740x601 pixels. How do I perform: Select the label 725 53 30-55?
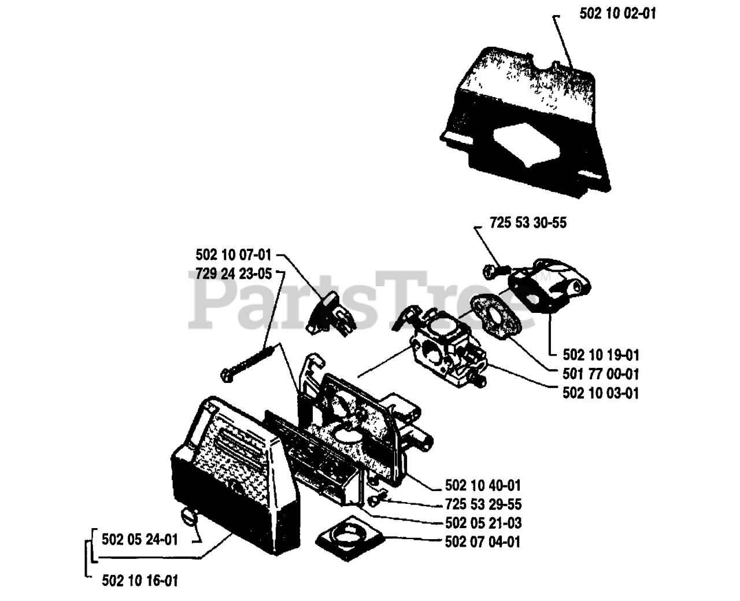point(528,223)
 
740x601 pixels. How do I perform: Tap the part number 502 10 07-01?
point(233,255)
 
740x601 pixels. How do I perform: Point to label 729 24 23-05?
point(233,274)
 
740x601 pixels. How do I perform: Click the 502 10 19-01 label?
point(601,355)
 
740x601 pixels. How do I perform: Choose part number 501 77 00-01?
point(601,374)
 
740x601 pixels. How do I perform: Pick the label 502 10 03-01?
point(601,393)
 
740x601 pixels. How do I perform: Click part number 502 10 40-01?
point(483,485)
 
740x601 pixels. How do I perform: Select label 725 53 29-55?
point(483,504)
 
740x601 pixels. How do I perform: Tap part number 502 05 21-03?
point(483,523)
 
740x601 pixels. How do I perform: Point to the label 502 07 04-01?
point(483,542)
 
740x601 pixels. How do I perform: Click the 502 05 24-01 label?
point(139,540)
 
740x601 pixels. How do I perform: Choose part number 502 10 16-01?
point(139,580)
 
